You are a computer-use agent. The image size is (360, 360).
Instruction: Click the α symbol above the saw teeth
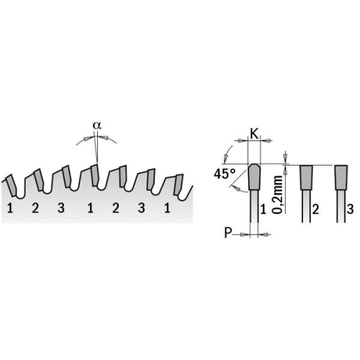click(97, 125)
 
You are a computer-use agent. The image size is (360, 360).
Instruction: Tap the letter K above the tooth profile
click(254, 134)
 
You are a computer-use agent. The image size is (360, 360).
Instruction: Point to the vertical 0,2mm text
click(278, 194)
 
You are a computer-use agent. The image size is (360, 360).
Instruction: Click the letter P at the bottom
click(228, 233)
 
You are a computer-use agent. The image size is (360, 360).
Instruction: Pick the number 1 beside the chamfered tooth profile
click(264, 210)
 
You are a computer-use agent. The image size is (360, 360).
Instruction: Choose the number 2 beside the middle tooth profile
click(315, 210)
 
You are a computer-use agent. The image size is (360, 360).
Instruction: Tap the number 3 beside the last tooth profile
click(350, 210)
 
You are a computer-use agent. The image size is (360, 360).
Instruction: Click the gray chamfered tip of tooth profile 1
click(254, 176)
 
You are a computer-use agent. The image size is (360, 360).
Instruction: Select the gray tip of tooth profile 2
click(306, 177)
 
